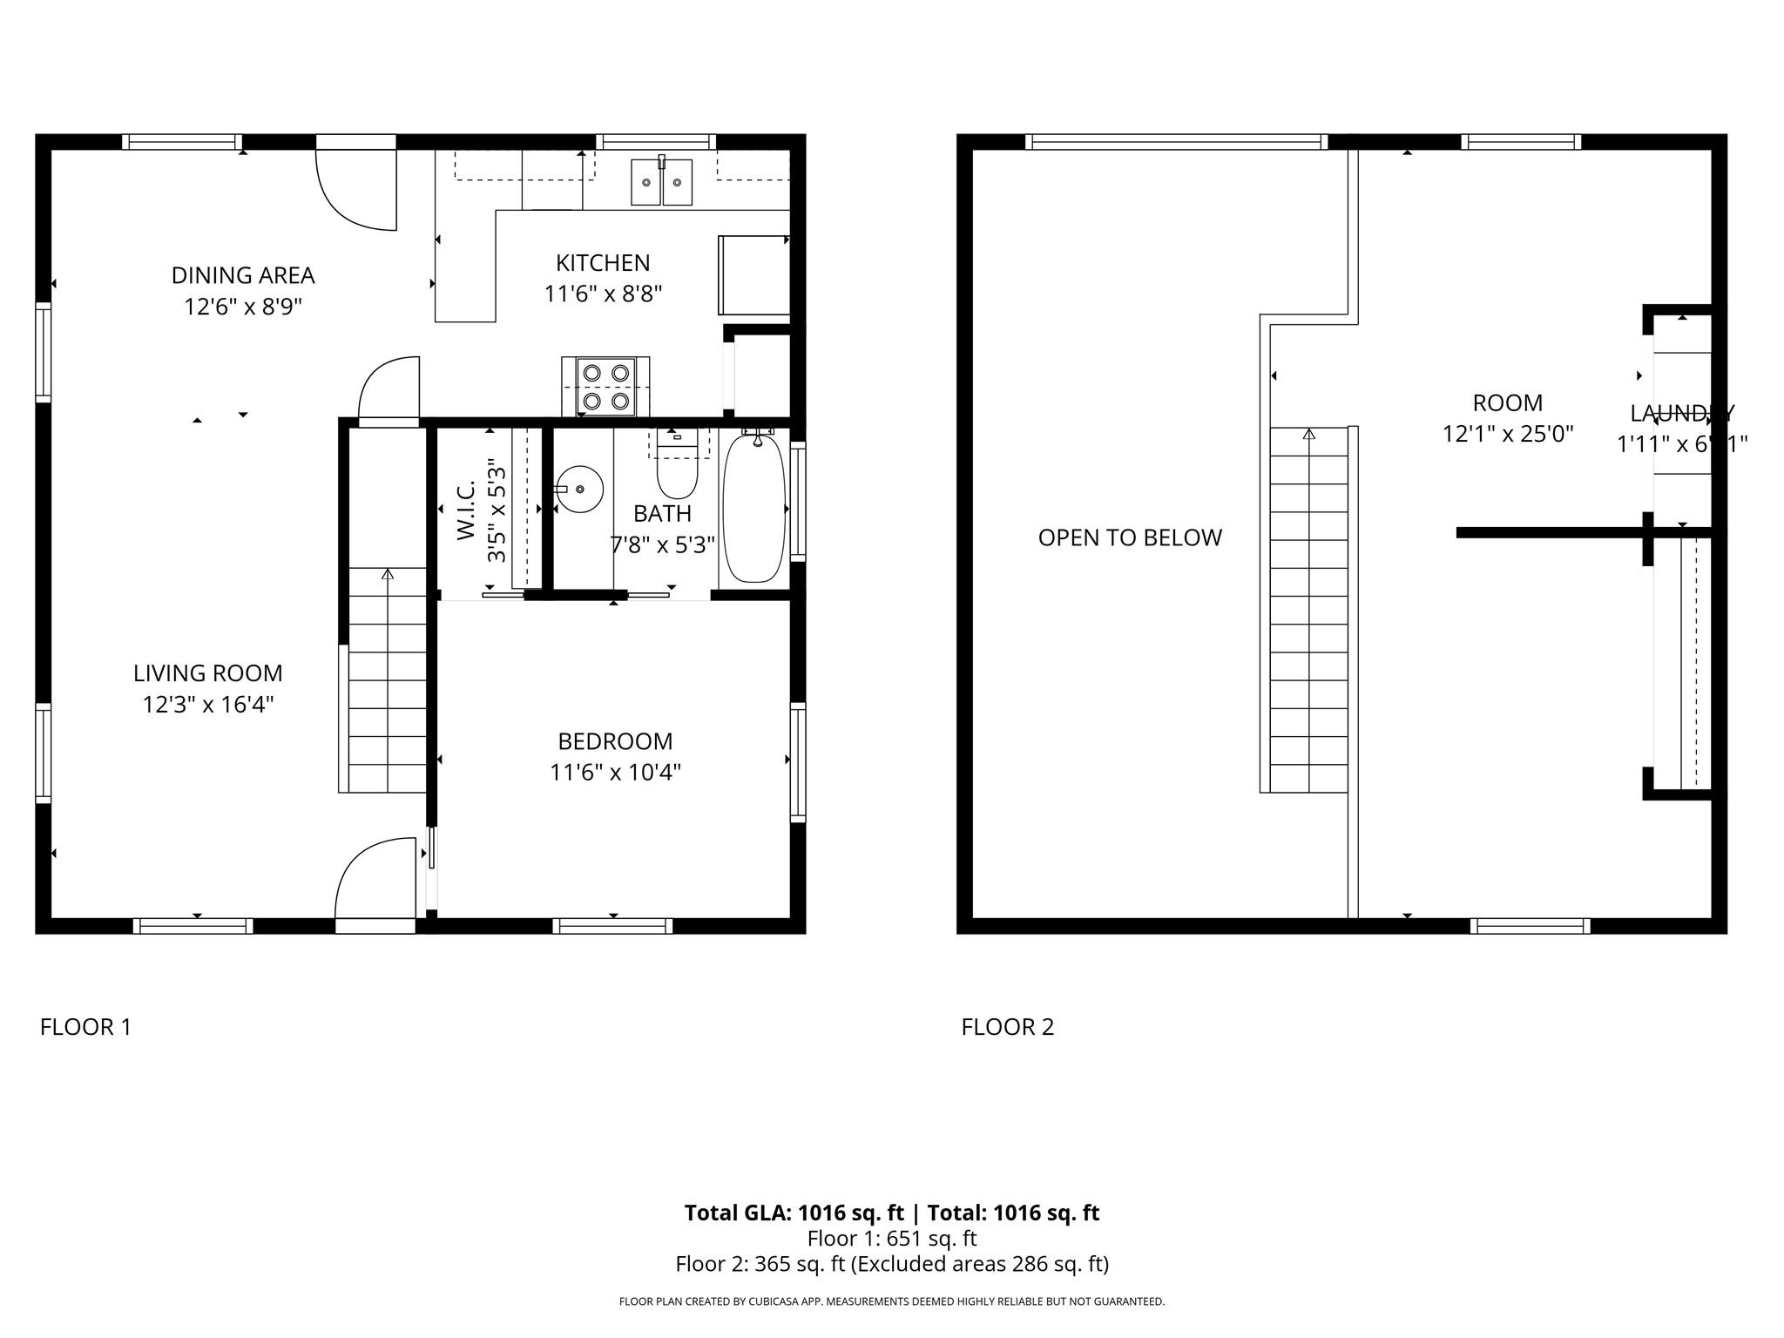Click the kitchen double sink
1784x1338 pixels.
point(661,181)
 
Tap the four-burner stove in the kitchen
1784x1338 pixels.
point(605,386)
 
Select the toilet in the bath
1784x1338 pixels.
point(677,470)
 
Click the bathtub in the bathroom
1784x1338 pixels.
point(754,509)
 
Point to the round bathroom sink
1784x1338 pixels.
point(579,489)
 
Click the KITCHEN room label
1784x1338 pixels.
point(603,262)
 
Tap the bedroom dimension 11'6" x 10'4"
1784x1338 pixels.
point(615,773)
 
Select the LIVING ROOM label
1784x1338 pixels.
point(207,672)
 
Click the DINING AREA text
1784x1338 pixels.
point(242,275)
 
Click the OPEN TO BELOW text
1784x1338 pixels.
point(1130,537)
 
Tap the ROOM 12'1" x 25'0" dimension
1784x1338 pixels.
point(1507,434)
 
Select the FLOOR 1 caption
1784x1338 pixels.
point(85,1027)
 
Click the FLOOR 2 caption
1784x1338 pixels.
point(1007,1027)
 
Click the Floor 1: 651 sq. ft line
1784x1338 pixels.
point(891,1238)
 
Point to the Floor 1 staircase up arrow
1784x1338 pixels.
point(388,574)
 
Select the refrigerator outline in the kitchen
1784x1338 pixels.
point(753,274)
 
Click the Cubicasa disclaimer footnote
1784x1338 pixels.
point(891,1301)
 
